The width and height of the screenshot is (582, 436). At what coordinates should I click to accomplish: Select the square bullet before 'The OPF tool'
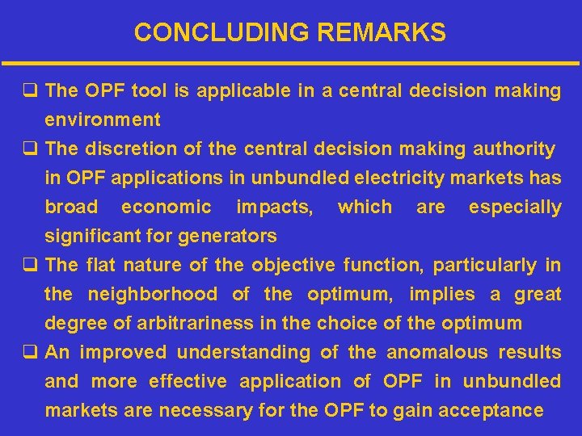tap(32, 91)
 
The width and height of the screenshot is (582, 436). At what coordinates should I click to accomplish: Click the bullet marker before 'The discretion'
tap(32, 149)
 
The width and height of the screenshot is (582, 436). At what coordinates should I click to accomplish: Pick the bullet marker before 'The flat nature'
tap(32, 266)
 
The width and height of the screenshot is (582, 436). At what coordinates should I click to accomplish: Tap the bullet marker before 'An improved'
tap(32, 353)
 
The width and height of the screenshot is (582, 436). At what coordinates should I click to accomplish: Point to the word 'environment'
tap(103, 120)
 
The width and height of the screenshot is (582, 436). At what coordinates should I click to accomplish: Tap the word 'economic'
tap(166, 208)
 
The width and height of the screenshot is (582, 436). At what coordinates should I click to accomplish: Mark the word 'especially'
tap(515, 208)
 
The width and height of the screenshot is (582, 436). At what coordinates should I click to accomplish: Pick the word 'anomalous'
tap(437, 353)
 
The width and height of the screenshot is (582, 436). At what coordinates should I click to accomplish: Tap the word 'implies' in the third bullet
tap(442, 295)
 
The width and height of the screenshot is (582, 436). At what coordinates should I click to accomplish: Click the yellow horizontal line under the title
tap(291, 63)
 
